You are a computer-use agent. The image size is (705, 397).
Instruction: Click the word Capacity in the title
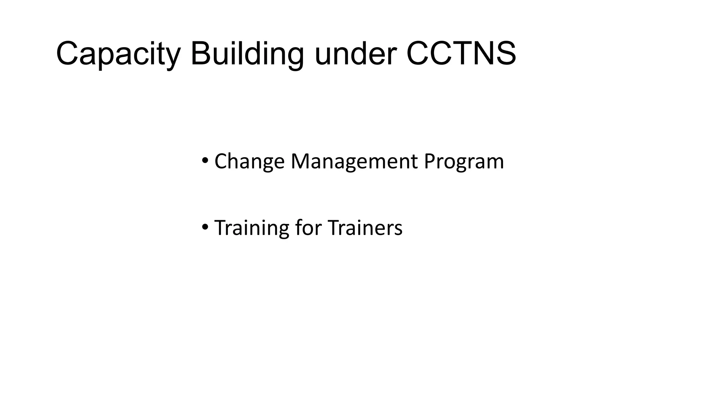(118, 54)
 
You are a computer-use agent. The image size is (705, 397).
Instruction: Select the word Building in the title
(247, 54)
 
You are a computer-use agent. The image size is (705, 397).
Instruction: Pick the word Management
(354, 161)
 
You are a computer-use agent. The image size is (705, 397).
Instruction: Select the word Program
(464, 161)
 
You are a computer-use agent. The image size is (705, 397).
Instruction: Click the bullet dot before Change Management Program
(205, 160)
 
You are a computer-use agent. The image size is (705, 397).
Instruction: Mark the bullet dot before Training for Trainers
(205, 227)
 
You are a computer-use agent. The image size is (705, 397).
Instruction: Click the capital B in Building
(201, 53)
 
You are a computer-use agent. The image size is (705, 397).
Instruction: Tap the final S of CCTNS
(504, 53)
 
